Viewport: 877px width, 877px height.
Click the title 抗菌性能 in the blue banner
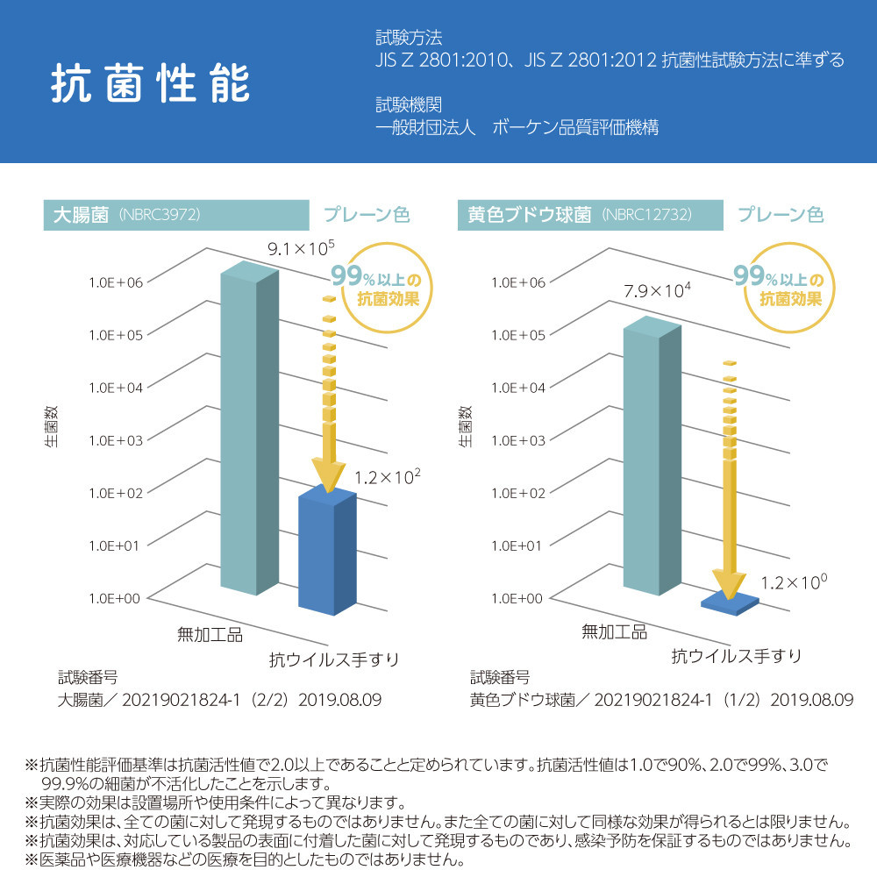coord(150,83)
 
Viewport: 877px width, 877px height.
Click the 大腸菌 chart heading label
coord(80,215)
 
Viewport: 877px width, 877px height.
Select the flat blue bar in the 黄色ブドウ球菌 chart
coord(731,601)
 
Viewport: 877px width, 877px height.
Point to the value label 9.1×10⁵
coord(301,248)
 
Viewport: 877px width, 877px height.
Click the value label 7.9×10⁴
coord(657,290)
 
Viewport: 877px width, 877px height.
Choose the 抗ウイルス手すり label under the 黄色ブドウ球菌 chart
coord(736,655)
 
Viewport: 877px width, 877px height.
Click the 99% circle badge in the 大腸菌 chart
coord(375,288)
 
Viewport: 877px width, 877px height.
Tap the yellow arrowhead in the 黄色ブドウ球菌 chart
coord(729,582)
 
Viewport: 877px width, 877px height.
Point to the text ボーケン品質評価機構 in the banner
coord(575,127)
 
